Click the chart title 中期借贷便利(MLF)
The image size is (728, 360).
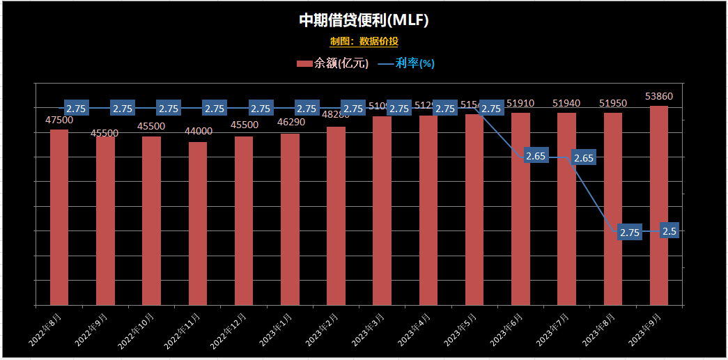364,20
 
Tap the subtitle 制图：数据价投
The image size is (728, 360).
364,42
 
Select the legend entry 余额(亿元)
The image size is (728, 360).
332,63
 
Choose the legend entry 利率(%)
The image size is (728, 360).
407,63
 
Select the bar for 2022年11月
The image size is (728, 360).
198,224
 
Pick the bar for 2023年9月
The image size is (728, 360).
659,205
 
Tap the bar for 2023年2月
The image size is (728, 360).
336,216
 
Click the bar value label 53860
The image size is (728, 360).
659,96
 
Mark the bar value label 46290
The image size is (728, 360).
290,122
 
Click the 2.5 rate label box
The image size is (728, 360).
669,231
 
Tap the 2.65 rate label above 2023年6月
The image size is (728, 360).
536,156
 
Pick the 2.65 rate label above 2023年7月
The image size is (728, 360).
583,158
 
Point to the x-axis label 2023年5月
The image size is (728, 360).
464,329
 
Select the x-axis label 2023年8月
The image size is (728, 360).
602,329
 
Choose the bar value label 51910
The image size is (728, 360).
520,104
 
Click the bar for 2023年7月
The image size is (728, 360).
566,209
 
